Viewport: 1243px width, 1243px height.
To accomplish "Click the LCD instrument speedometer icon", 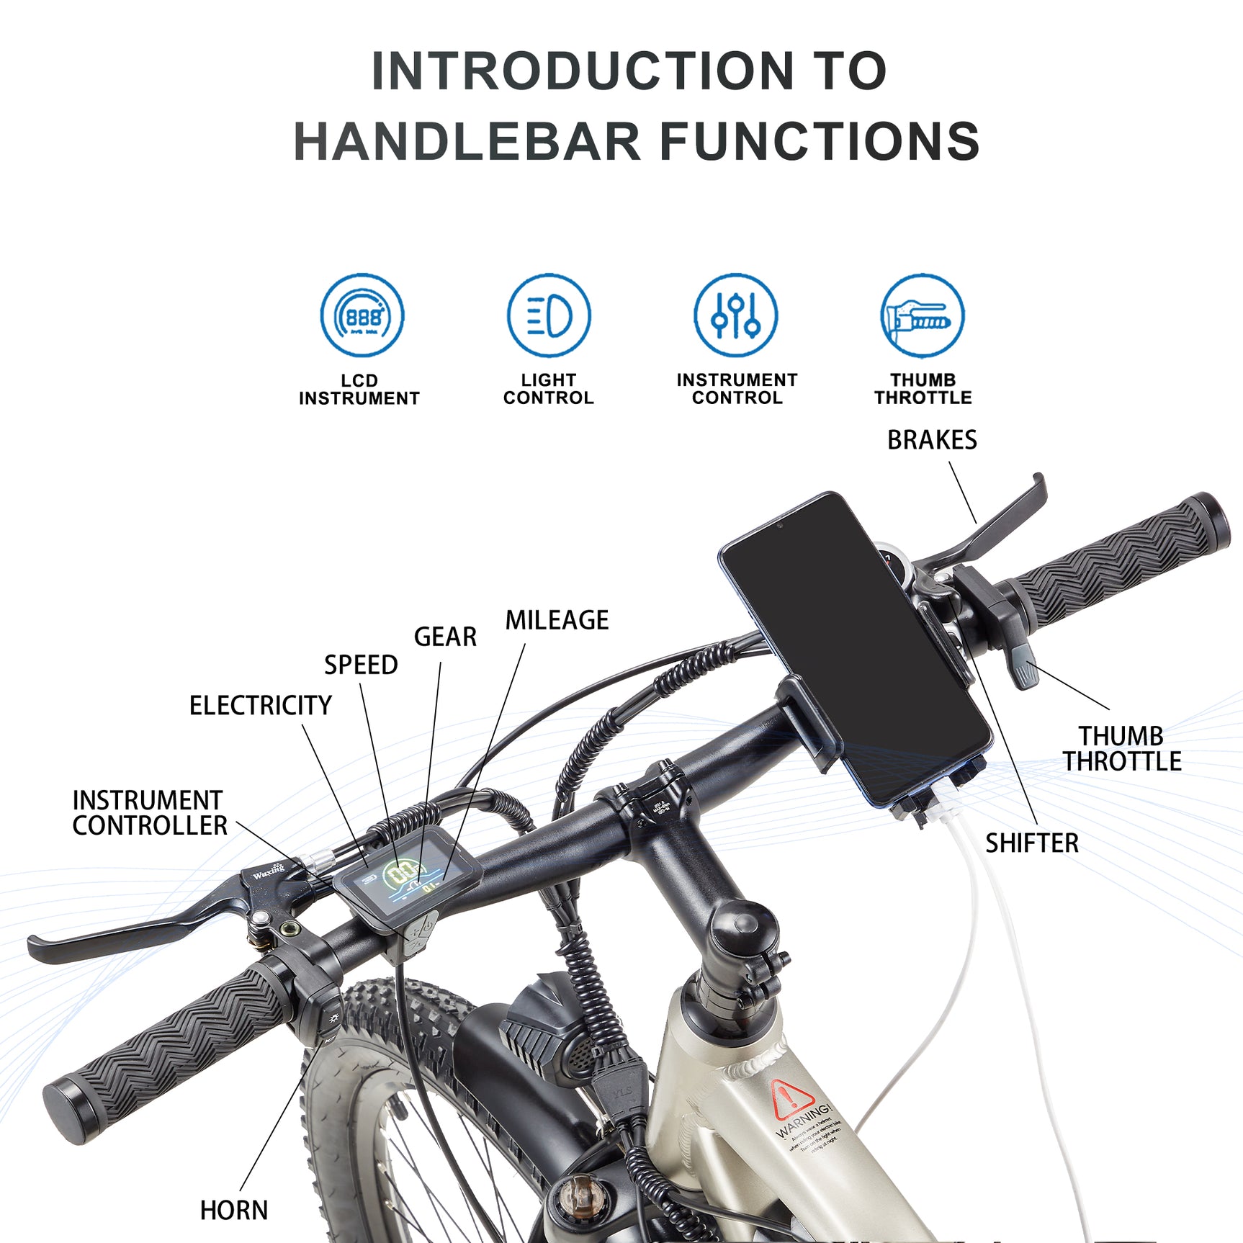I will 362,315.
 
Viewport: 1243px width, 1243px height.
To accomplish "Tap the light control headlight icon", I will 549,315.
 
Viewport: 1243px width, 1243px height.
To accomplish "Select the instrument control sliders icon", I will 735,315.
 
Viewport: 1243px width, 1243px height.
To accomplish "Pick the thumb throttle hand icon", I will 923,315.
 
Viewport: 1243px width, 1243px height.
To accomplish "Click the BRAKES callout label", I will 932,440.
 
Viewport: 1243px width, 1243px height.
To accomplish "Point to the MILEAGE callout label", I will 557,620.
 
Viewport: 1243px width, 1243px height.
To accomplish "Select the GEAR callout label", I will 445,637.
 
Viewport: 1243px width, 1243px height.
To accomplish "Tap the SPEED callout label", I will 361,665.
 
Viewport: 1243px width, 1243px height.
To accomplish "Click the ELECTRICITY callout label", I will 261,705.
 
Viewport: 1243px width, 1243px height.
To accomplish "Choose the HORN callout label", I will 234,1211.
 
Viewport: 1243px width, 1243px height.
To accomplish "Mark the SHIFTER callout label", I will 1032,843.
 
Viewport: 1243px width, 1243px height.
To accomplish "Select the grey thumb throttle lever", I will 1023,665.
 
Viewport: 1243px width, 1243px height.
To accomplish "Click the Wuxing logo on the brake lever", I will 269,872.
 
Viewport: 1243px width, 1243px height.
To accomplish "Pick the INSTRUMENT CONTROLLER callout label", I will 150,813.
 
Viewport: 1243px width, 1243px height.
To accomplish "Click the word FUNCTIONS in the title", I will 820,141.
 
